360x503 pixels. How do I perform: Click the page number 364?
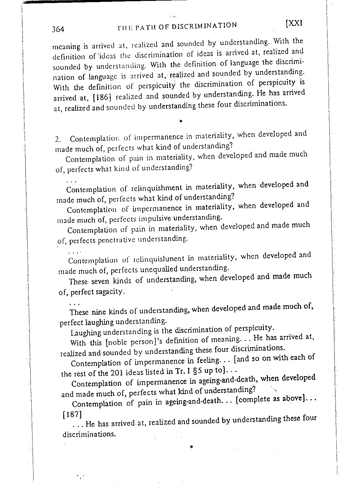(x=58, y=30)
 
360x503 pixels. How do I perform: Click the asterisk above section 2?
(x=181, y=121)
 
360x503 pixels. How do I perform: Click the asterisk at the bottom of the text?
(x=191, y=447)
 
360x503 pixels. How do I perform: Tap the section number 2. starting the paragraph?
(x=59, y=140)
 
